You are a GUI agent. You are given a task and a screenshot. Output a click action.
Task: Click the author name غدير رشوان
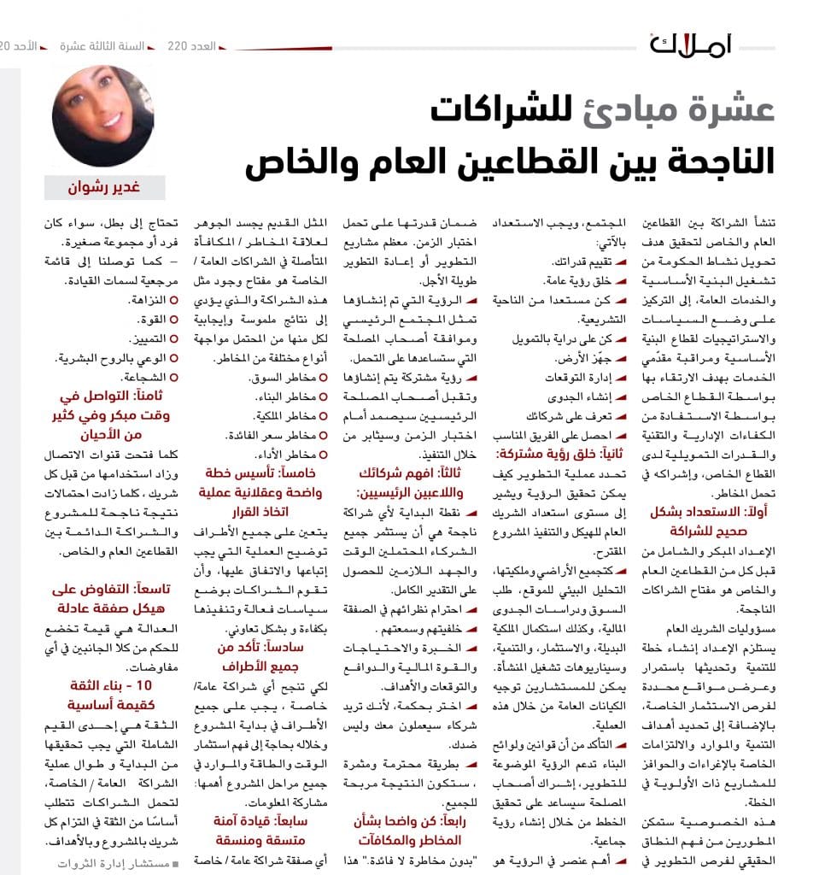tap(104, 187)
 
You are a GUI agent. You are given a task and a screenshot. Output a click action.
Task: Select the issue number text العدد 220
tap(190, 44)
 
